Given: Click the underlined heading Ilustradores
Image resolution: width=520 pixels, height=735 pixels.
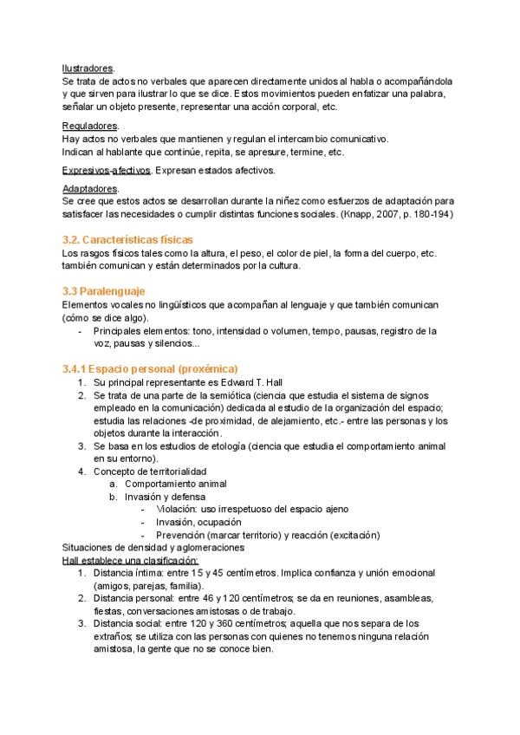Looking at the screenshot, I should point(88,68).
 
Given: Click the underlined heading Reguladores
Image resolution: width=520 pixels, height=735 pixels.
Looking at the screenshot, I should point(90,127).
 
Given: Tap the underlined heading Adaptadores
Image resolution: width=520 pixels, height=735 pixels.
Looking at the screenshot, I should point(90,188).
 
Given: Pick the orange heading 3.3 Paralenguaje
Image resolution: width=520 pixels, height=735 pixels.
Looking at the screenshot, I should point(103,292).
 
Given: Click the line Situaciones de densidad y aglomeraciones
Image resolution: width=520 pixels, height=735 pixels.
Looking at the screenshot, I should point(153,548).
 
